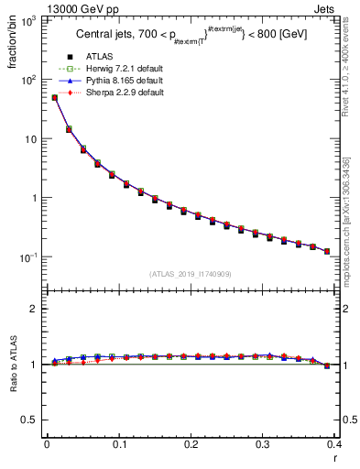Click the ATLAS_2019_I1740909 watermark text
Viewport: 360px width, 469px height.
pyautogui.click(x=190, y=274)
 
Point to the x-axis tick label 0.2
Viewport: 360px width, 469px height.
pyautogui.click(x=191, y=444)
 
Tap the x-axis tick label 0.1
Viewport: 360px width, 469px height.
pyautogui.click(x=119, y=444)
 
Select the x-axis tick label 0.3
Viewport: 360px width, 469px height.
pyautogui.click(x=264, y=444)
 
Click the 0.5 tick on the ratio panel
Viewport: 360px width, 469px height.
pyautogui.click(x=31, y=420)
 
